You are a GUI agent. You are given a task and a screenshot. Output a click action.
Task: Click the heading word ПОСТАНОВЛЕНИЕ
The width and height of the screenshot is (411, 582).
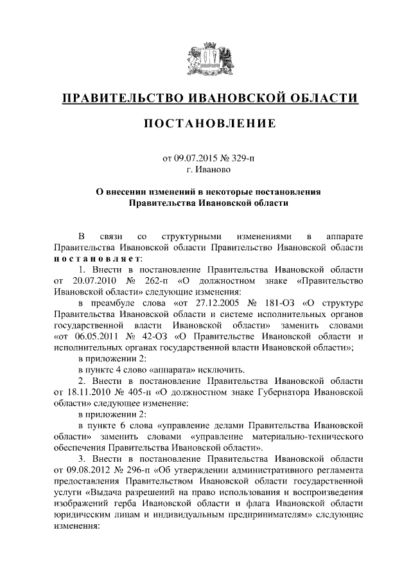coord(210,123)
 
